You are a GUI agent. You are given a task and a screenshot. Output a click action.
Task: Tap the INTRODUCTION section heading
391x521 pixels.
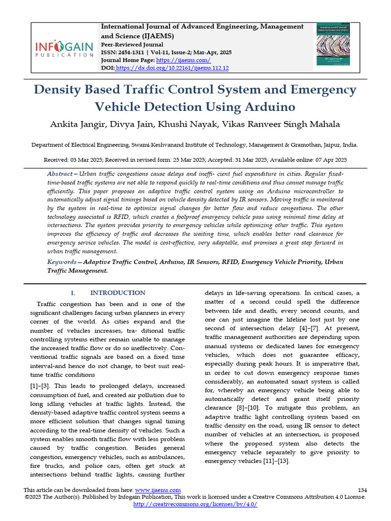117,293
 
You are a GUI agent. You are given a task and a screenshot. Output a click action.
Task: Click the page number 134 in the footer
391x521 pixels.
362,489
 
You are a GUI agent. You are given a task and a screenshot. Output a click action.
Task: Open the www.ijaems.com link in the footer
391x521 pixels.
153,489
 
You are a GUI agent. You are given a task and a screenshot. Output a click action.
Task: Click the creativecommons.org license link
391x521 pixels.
195,504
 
